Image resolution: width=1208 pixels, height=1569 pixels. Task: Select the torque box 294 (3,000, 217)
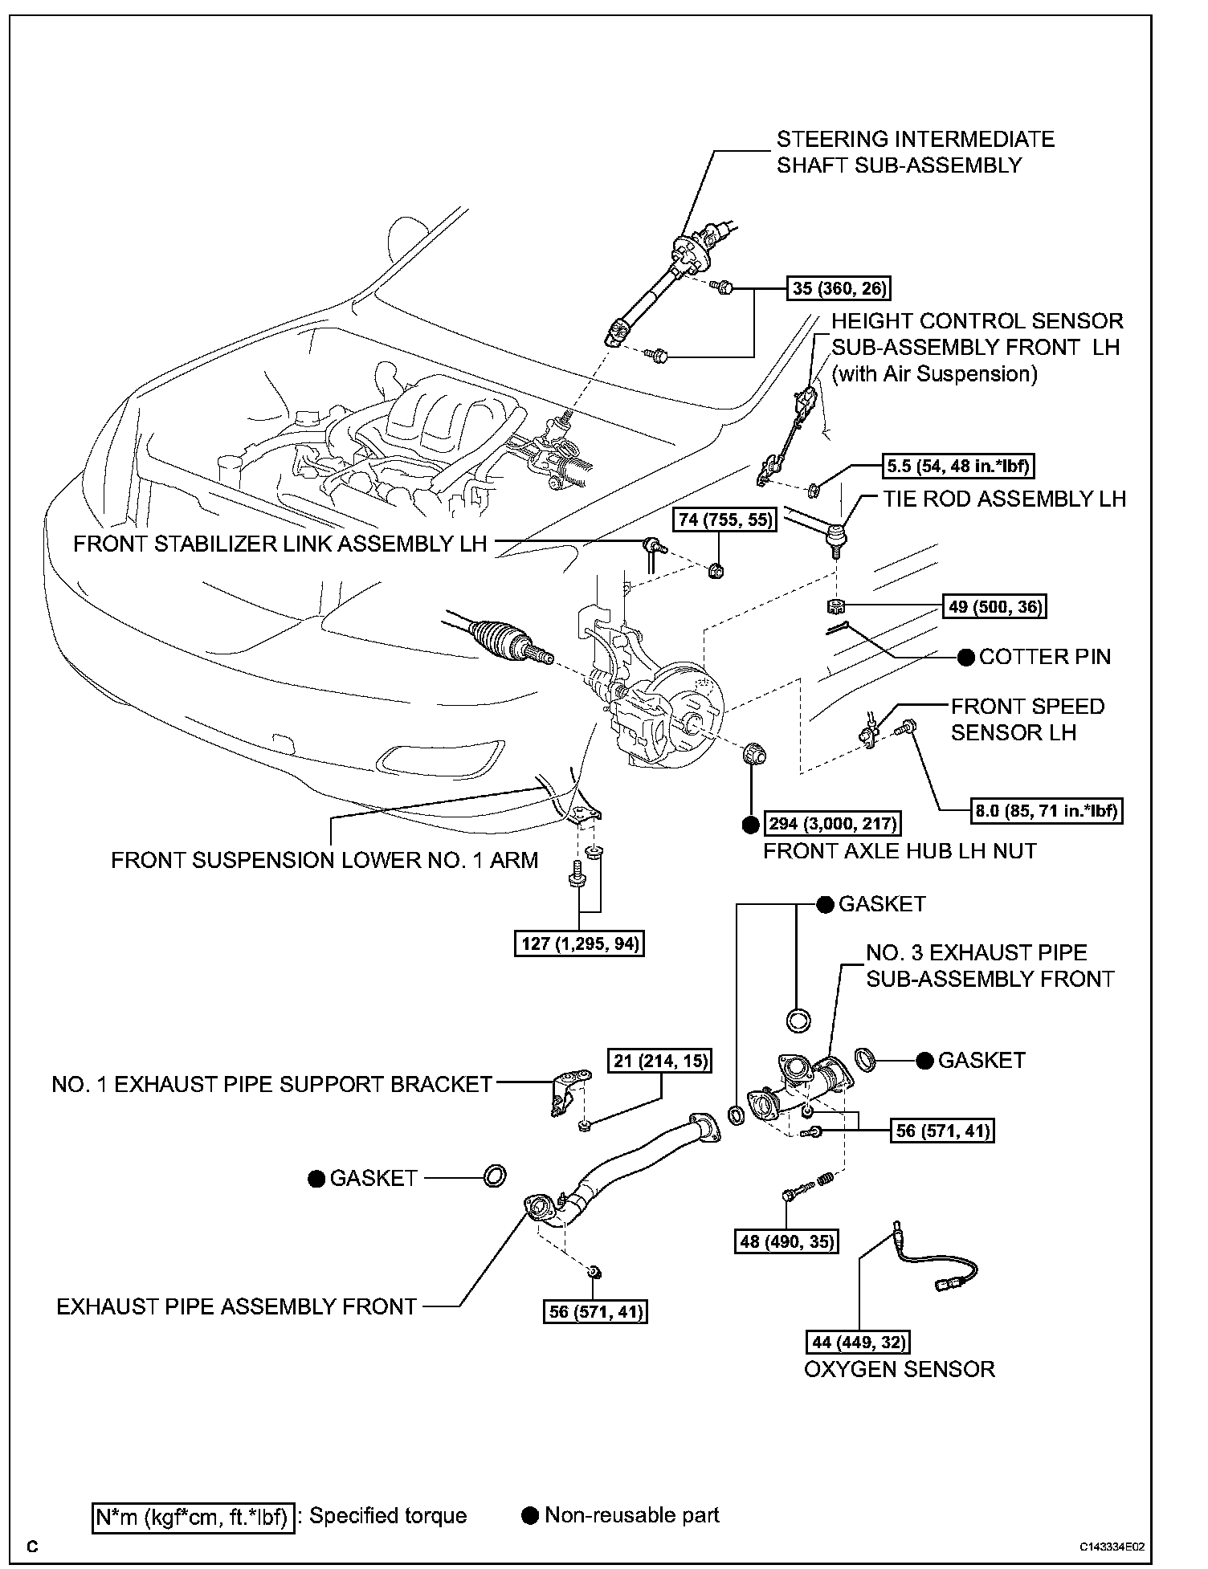[832, 824]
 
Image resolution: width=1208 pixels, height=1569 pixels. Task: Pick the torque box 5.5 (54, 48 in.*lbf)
[957, 466]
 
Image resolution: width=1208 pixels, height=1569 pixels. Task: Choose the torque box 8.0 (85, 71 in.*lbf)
[1047, 811]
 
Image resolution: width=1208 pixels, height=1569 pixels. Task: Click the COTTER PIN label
[1044, 657]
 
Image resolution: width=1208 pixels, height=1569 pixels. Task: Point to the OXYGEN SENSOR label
[900, 1369]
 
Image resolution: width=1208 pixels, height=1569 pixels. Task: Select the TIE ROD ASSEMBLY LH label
[1004, 499]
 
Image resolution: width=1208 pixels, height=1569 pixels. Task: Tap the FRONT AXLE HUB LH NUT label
[900, 851]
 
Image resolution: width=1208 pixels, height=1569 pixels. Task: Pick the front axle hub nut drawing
[753, 756]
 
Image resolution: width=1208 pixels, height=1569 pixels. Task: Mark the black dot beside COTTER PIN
[966, 657]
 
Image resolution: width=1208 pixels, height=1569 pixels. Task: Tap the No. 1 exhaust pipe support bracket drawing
[567, 1090]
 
